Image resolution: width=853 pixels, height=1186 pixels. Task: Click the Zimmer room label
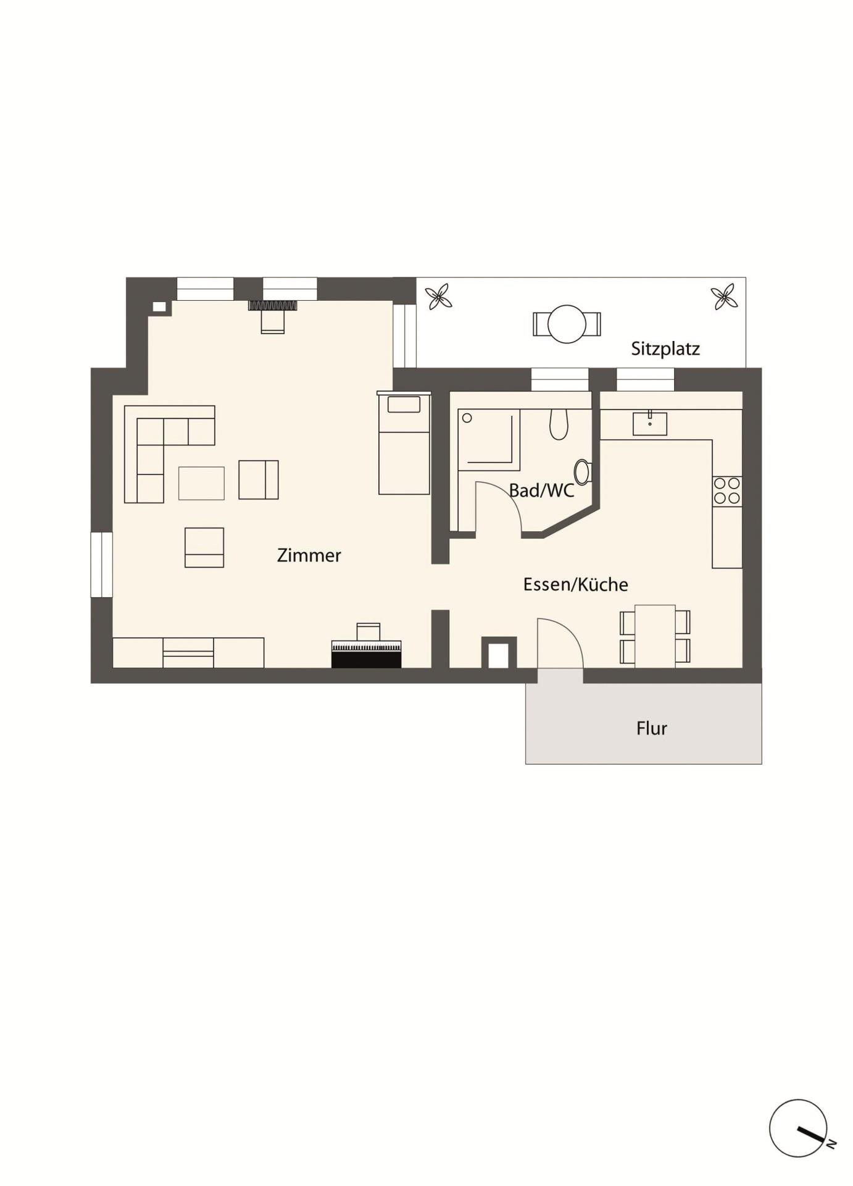[x=309, y=555]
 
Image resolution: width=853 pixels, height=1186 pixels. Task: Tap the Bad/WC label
[x=541, y=490]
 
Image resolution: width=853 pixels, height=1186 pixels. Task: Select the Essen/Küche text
[x=575, y=584]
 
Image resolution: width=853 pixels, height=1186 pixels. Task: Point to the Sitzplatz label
[x=665, y=349]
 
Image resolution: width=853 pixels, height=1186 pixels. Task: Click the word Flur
[x=651, y=728]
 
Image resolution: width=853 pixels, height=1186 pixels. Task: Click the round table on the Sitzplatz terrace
[x=567, y=324]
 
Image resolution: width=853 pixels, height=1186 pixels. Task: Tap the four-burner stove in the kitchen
[x=727, y=491]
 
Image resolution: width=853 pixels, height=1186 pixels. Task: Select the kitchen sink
[x=649, y=424]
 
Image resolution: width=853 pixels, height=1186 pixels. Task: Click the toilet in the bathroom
[x=559, y=424]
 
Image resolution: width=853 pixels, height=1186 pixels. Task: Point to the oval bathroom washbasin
[x=582, y=472]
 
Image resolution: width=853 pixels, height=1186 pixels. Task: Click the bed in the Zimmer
[x=404, y=443]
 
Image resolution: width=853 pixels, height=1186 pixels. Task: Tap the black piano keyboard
[x=366, y=654]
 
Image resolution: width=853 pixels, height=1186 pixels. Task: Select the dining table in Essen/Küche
[x=655, y=636]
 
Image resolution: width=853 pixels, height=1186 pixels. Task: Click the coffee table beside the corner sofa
[x=201, y=483]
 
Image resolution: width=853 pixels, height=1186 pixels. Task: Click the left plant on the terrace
[x=439, y=297]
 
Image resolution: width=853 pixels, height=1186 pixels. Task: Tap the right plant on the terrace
[x=723, y=297]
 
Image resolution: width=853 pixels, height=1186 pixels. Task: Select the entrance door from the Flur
[x=560, y=643]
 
